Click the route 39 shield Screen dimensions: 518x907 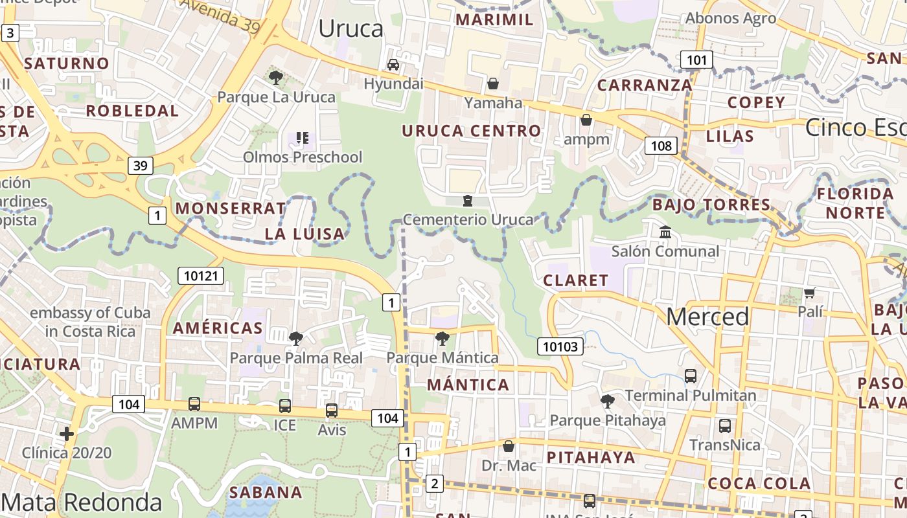[140, 166]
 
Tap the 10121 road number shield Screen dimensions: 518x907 [201, 276]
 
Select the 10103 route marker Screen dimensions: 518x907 [560, 346]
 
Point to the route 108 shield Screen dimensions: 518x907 [661, 146]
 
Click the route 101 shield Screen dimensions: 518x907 [696, 60]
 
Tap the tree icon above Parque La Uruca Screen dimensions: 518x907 [276, 78]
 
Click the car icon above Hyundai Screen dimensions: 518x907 [393, 65]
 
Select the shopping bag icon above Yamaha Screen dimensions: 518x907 [493, 84]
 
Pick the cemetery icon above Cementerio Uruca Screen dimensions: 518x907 [468, 201]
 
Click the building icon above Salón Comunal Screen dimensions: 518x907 [665, 232]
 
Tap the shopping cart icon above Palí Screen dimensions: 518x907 [809, 293]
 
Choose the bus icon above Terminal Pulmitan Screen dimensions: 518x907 [691, 376]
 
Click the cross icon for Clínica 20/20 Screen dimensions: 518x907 [66, 433]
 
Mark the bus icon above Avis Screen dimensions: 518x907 [332, 411]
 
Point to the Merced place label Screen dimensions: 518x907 [707, 317]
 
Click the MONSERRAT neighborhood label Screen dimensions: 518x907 [231, 208]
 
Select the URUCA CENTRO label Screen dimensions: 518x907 [471, 131]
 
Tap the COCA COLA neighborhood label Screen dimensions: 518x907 [759, 484]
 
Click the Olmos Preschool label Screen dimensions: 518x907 [303, 157]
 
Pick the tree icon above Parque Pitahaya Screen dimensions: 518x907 [608, 401]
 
